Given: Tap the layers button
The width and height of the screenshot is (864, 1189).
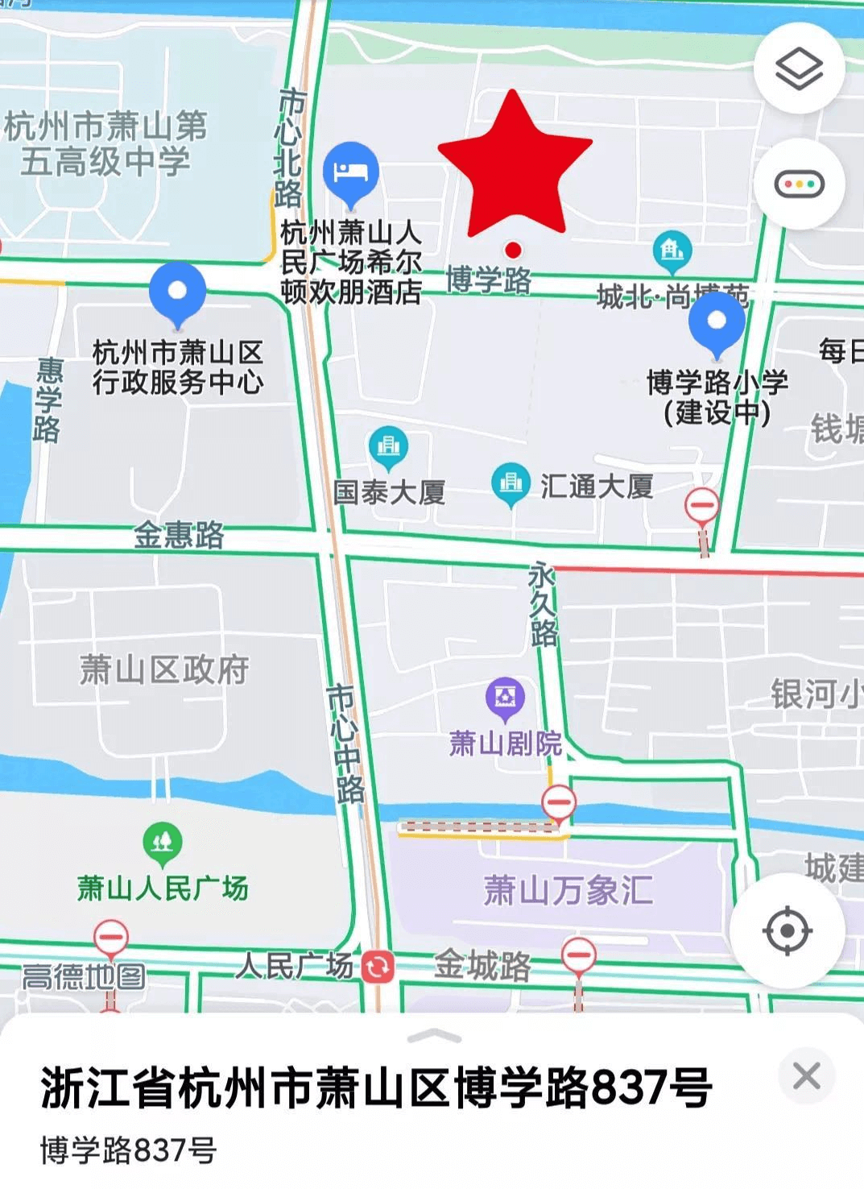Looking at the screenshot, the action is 799,68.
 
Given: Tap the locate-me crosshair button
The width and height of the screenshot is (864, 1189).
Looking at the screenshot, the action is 787,930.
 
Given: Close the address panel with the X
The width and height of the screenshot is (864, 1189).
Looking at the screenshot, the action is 806,1076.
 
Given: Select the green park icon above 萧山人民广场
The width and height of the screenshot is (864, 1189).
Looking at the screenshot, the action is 163,842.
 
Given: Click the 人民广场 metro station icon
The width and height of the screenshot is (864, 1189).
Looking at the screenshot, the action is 378,967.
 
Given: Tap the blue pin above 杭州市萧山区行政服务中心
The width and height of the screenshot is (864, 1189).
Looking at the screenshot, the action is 177,292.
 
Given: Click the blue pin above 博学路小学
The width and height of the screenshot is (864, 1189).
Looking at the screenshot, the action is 717,321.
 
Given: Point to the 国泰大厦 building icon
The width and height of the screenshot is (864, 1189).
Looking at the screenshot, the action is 388,445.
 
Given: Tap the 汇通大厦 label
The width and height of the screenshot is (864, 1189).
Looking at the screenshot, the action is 596,487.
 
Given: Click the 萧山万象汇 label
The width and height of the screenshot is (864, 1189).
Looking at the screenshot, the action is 568,891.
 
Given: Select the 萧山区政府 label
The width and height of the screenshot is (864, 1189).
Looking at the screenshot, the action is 164,669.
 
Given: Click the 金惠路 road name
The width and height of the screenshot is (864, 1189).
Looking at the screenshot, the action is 179,535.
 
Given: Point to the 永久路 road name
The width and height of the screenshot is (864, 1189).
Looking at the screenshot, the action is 543,604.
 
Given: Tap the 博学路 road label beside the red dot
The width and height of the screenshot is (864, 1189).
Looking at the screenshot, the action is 489,280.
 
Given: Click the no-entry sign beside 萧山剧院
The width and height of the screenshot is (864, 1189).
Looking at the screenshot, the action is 558,802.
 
